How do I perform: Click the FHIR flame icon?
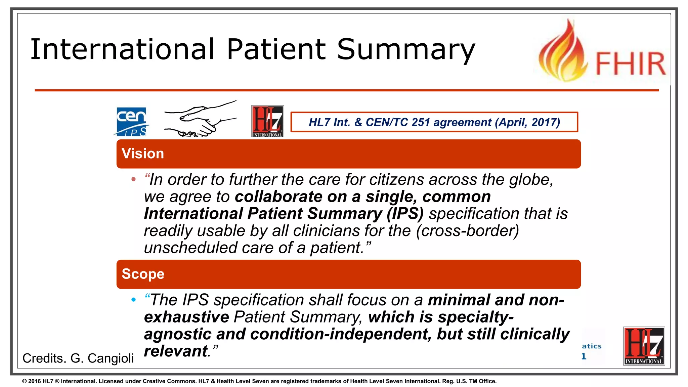563,52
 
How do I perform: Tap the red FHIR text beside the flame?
631,64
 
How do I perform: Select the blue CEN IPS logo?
131,122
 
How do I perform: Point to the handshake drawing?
200,119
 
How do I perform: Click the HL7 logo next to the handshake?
267,121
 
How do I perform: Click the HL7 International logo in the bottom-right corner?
644,346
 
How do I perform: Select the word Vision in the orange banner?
143,154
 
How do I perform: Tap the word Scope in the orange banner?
143,274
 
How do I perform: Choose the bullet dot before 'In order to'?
134,179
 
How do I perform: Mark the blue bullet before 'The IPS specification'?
134,300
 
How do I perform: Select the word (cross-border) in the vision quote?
467,231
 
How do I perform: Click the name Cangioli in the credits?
111,358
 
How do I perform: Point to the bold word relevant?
175,351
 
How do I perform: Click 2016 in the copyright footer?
34,381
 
